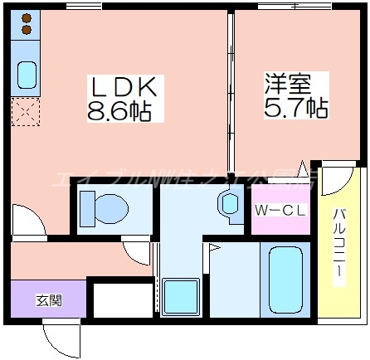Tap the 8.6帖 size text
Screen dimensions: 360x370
pyautogui.click(x=119, y=111)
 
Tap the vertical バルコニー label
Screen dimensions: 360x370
pyautogui.click(x=340, y=246)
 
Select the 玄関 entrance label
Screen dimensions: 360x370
pyautogui.click(x=48, y=299)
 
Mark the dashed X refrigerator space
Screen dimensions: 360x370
pyautogui.click(x=25, y=109)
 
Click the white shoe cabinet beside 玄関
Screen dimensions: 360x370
pyautogui.click(x=119, y=299)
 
